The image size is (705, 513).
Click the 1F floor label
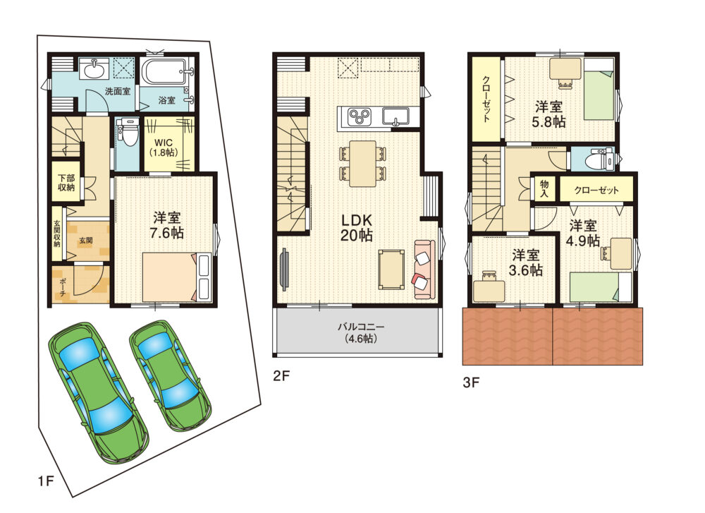(x=46, y=481)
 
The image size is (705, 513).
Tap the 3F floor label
(x=471, y=382)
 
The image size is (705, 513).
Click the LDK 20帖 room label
(x=357, y=228)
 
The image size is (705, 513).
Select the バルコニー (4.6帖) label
(x=358, y=332)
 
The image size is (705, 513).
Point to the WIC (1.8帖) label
(x=164, y=147)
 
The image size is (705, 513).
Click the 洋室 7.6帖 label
(x=167, y=225)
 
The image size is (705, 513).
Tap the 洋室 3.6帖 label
(x=526, y=262)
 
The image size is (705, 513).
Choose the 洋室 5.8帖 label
(x=548, y=114)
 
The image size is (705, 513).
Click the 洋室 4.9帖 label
(x=583, y=233)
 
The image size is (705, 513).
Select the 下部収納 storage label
(x=66, y=183)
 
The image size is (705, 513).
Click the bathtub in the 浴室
(x=164, y=72)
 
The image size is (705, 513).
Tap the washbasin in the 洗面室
(x=94, y=70)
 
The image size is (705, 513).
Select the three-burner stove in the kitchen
(x=360, y=116)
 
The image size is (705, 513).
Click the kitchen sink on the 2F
(x=396, y=116)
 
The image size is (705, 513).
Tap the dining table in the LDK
(x=362, y=164)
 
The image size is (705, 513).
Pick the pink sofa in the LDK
(x=425, y=270)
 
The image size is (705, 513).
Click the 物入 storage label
(x=544, y=189)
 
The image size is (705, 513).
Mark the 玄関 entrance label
(x=86, y=241)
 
